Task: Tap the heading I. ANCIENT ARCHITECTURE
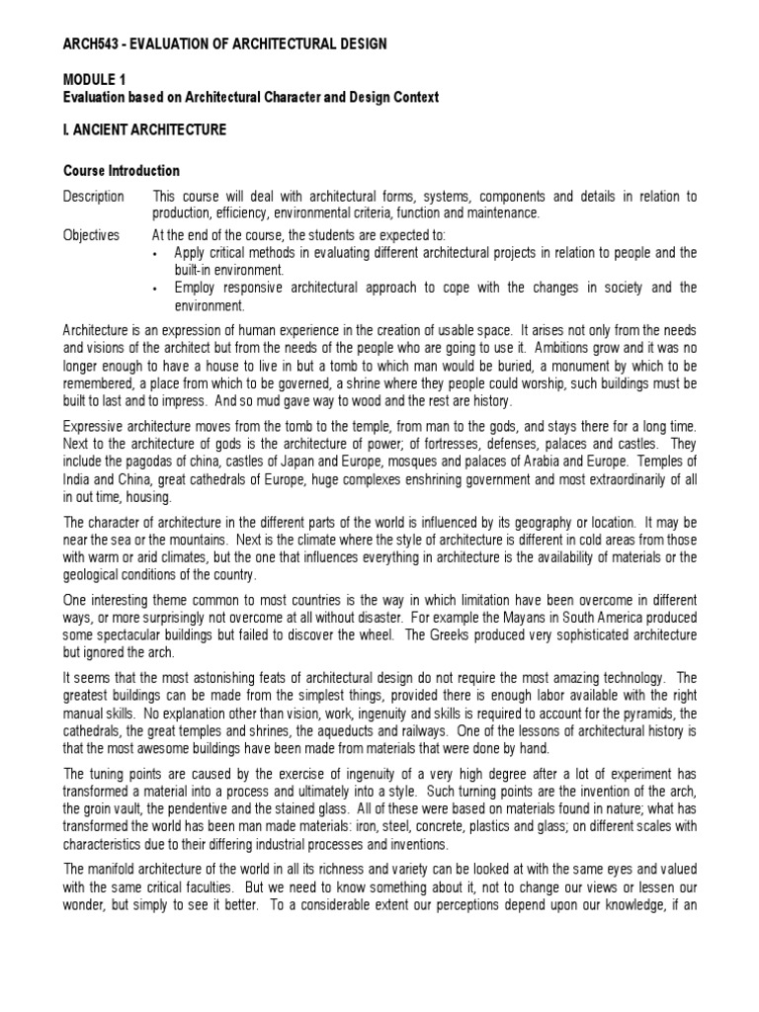click(145, 129)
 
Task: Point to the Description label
click(94, 196)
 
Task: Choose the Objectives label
click(92, 235)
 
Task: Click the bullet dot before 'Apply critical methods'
click(156, 253)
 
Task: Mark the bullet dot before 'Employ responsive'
click(156, 289)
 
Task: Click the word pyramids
click(645, 713)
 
